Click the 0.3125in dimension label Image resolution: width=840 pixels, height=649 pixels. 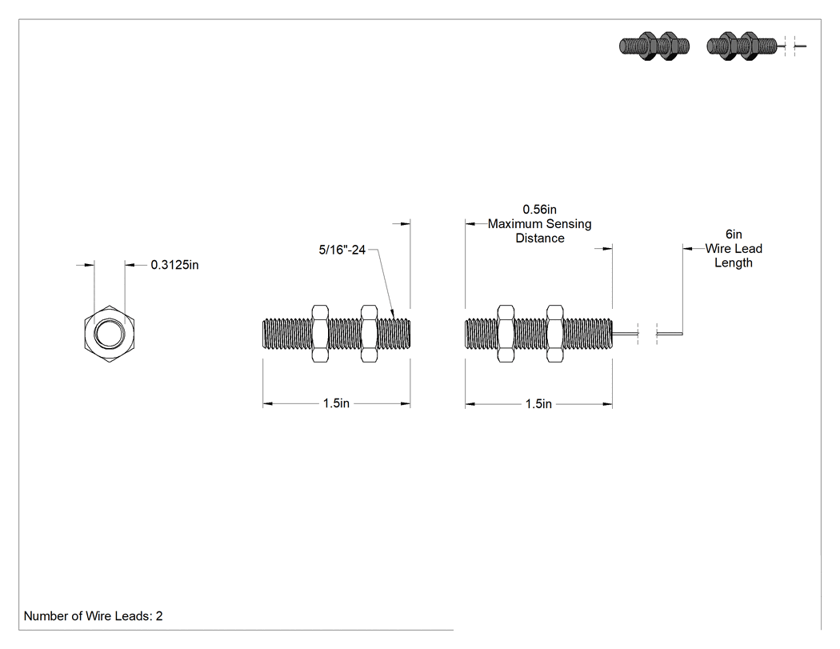click(x=174, y=265)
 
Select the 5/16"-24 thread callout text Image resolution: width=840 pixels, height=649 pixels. click(x=342, y=250)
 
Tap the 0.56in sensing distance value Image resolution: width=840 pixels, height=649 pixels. click(x=539, y=210)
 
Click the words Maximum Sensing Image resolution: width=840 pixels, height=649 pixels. click(x=539, y=224)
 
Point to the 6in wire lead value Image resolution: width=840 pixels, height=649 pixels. click(x=734, y=234)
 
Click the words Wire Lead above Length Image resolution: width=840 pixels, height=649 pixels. click(x=734, y=249)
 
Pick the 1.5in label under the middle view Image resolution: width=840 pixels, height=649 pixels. click(x=336, y=403)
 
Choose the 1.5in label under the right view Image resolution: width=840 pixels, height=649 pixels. click(x=538, y=403)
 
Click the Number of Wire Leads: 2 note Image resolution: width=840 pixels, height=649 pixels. click(x=94, y=616)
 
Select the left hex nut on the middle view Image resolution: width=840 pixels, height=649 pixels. click(x=320, y=334)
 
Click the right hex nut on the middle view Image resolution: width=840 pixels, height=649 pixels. click(x=369, y=334)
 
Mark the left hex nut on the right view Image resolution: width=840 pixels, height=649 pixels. click(x=506, y=334)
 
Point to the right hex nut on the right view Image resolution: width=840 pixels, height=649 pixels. click(x=555, y=334)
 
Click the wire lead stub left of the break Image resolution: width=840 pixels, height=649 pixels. click(x=625, y=334)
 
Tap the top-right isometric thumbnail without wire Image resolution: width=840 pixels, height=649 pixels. click(x=654, y=46)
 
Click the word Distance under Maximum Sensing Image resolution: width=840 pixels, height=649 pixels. click(x=540, y=238)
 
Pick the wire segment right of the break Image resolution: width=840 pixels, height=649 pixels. click(x=670, y=334)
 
